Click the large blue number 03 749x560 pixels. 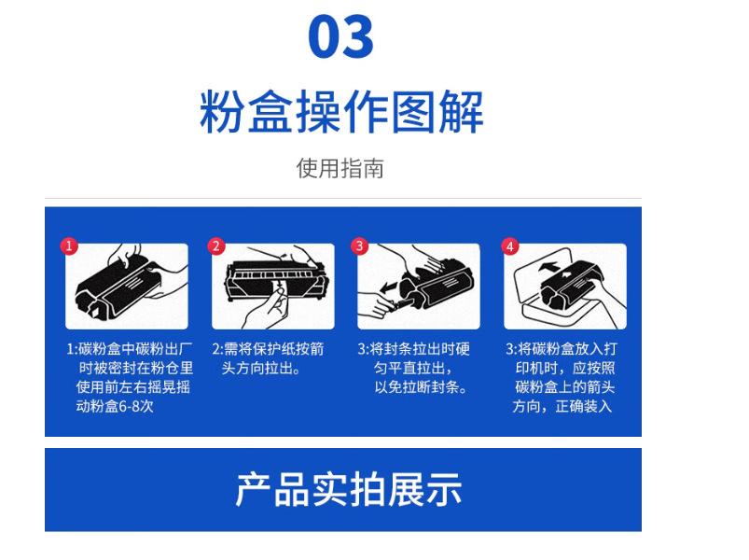pos(340,36)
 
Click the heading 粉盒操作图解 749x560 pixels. pos(341,112)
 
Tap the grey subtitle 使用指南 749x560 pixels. pos(340,168)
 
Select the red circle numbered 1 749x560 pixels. pos(69,246)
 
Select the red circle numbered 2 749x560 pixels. pos(215,246)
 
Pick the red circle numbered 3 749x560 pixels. pos(360,246)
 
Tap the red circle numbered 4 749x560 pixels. pos(509,246)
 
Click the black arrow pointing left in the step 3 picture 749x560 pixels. pos(389,287)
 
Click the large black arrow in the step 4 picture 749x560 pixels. pos(548,266)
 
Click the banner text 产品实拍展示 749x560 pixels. pos(348,490)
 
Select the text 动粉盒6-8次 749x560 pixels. pos(115,406)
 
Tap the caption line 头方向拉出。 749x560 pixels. pos(260,368)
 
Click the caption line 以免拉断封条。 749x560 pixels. pos(421,387)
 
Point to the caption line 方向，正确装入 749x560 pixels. pos(562,406)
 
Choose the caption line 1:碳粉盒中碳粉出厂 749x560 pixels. pos(130,349)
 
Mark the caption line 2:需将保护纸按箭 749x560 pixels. pos(268,349)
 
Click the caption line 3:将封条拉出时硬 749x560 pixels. pos(413,349)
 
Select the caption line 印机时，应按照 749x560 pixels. pos(565,368)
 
